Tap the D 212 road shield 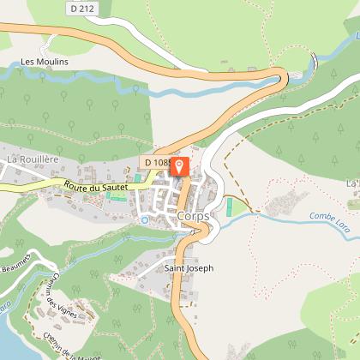coord(81,9)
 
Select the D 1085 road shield coord(156,162)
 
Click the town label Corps coord(195,216)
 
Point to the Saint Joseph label coord(189,267)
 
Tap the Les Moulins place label coord(44,62)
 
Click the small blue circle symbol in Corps coord(144,219)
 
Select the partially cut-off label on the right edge coord(352,183)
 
